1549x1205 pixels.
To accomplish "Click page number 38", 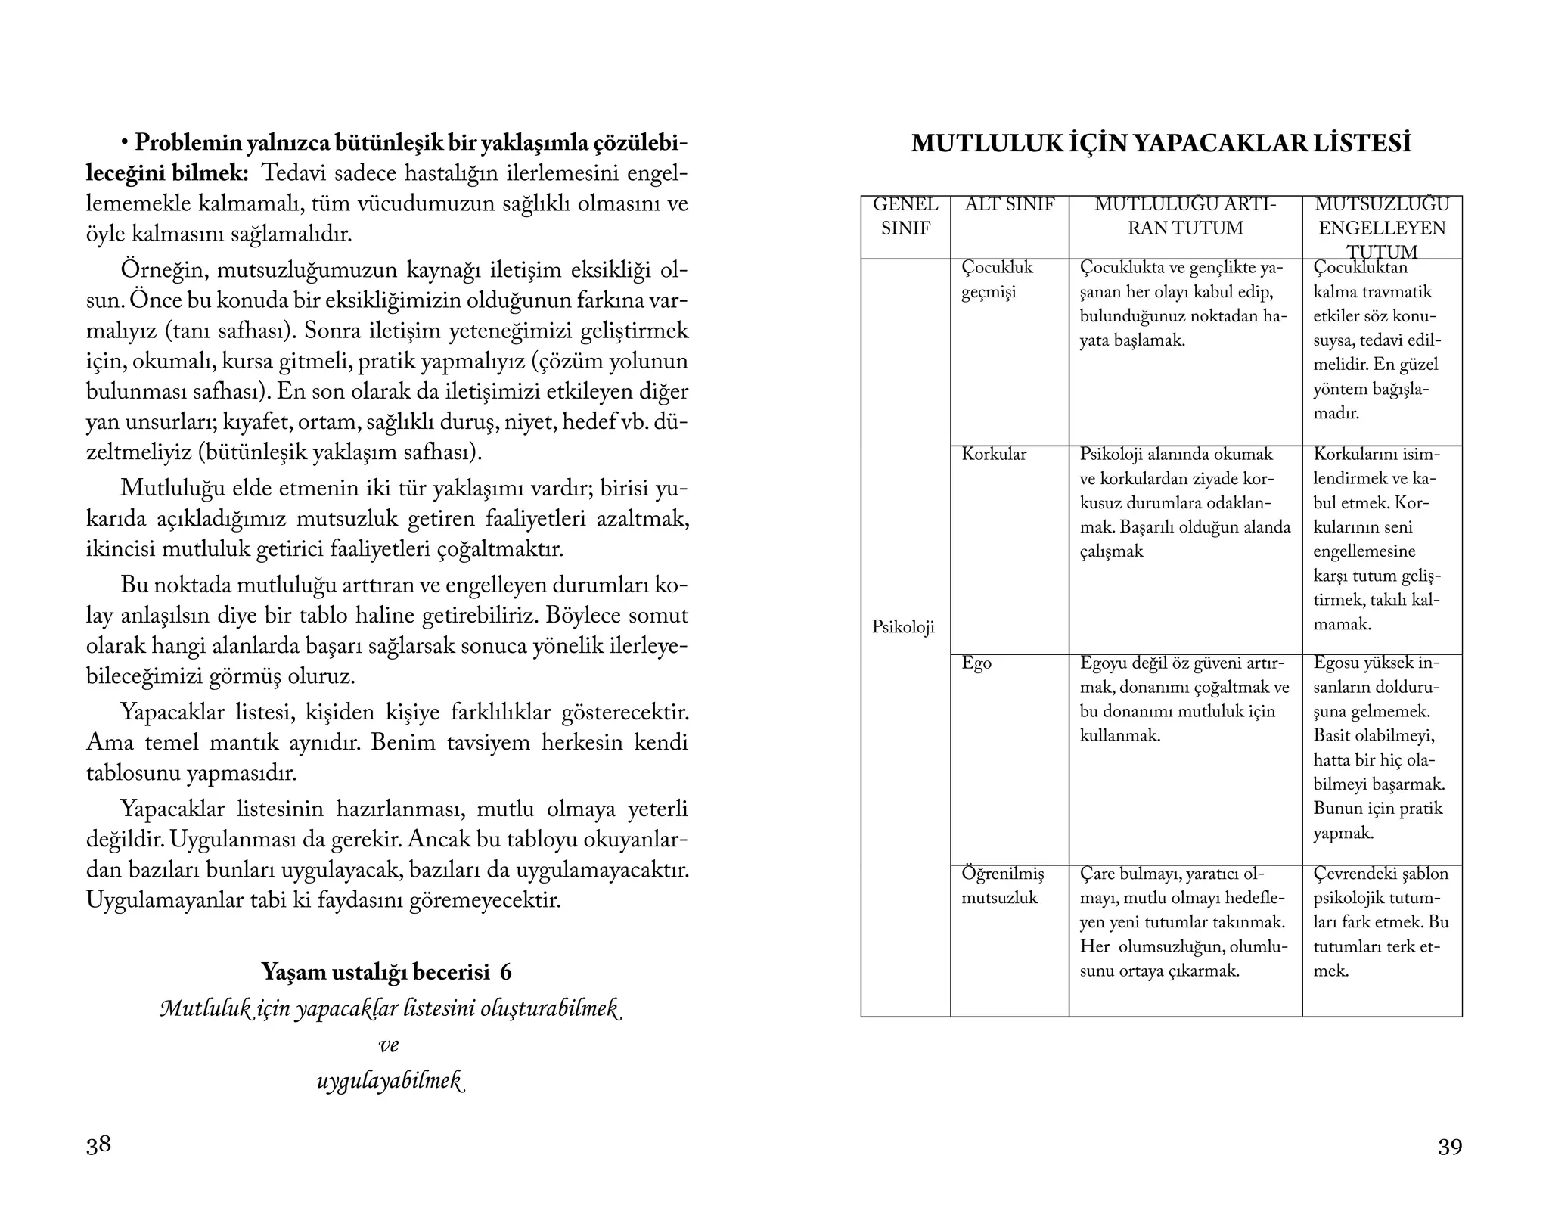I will [98, 1144].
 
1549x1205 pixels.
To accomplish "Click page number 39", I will [1449, 1147].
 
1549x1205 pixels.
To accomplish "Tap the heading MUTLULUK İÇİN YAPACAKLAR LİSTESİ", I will [1161, 143].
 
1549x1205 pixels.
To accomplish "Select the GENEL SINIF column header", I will [905, 216].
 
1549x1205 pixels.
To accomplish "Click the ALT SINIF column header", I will [1009, 205].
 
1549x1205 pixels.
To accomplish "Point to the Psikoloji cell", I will [903, 627].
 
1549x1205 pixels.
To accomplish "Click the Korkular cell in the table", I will [994, 454].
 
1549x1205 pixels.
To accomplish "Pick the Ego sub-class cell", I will [976, 663].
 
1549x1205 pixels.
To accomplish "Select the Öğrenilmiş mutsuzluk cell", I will [1002, 886].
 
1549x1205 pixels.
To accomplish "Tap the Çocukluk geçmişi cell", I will [996, 280].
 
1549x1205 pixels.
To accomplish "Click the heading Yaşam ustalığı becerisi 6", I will [386, 971].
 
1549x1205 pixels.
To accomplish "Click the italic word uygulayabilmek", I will [389, 1081].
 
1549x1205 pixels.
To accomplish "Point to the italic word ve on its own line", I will [388, 1045].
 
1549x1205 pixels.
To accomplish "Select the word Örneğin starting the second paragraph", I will [154, 270].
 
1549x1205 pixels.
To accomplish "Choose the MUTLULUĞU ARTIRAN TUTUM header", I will [1185, 216].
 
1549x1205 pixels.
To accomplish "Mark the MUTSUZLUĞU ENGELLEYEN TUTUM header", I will [1382, 227].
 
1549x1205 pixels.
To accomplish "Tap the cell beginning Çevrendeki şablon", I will [1381, 922].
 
